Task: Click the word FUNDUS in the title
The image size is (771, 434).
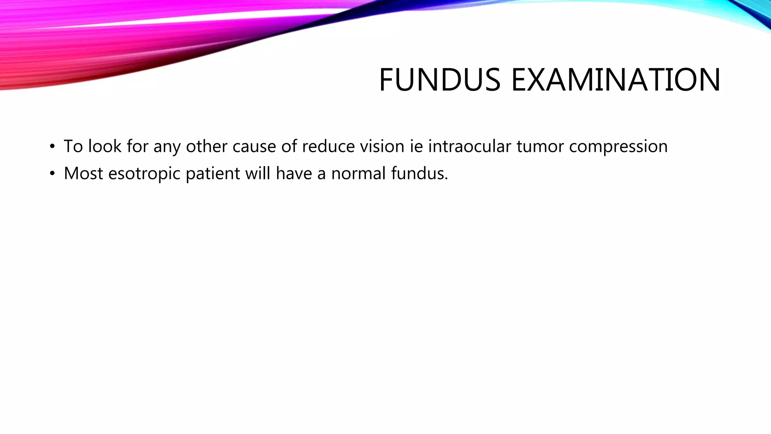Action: coord(439,80)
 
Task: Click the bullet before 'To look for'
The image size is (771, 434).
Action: coord(52,146)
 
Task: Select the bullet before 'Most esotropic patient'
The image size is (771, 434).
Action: coord(52,174)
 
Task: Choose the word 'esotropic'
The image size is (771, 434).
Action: coord(144,174)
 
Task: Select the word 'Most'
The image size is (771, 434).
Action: coord(83,173)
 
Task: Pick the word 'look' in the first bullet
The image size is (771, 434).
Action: coord(105,146)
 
